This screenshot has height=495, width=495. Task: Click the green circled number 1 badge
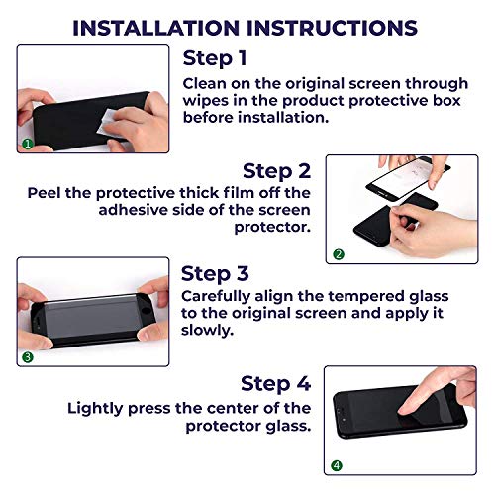click(27, 145)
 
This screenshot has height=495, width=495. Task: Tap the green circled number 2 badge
click(339, 254)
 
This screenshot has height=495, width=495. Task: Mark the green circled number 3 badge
click(27, 356)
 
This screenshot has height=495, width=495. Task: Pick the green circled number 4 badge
click(337, 465)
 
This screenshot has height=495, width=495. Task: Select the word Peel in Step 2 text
click(48, 193)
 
